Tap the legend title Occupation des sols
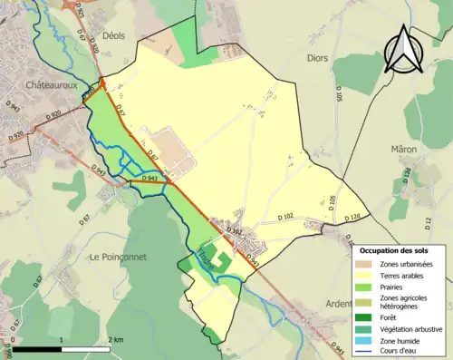(400, 249)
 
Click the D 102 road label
(282, 218)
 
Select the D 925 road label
(78, 12)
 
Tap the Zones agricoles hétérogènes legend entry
(405, 301)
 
